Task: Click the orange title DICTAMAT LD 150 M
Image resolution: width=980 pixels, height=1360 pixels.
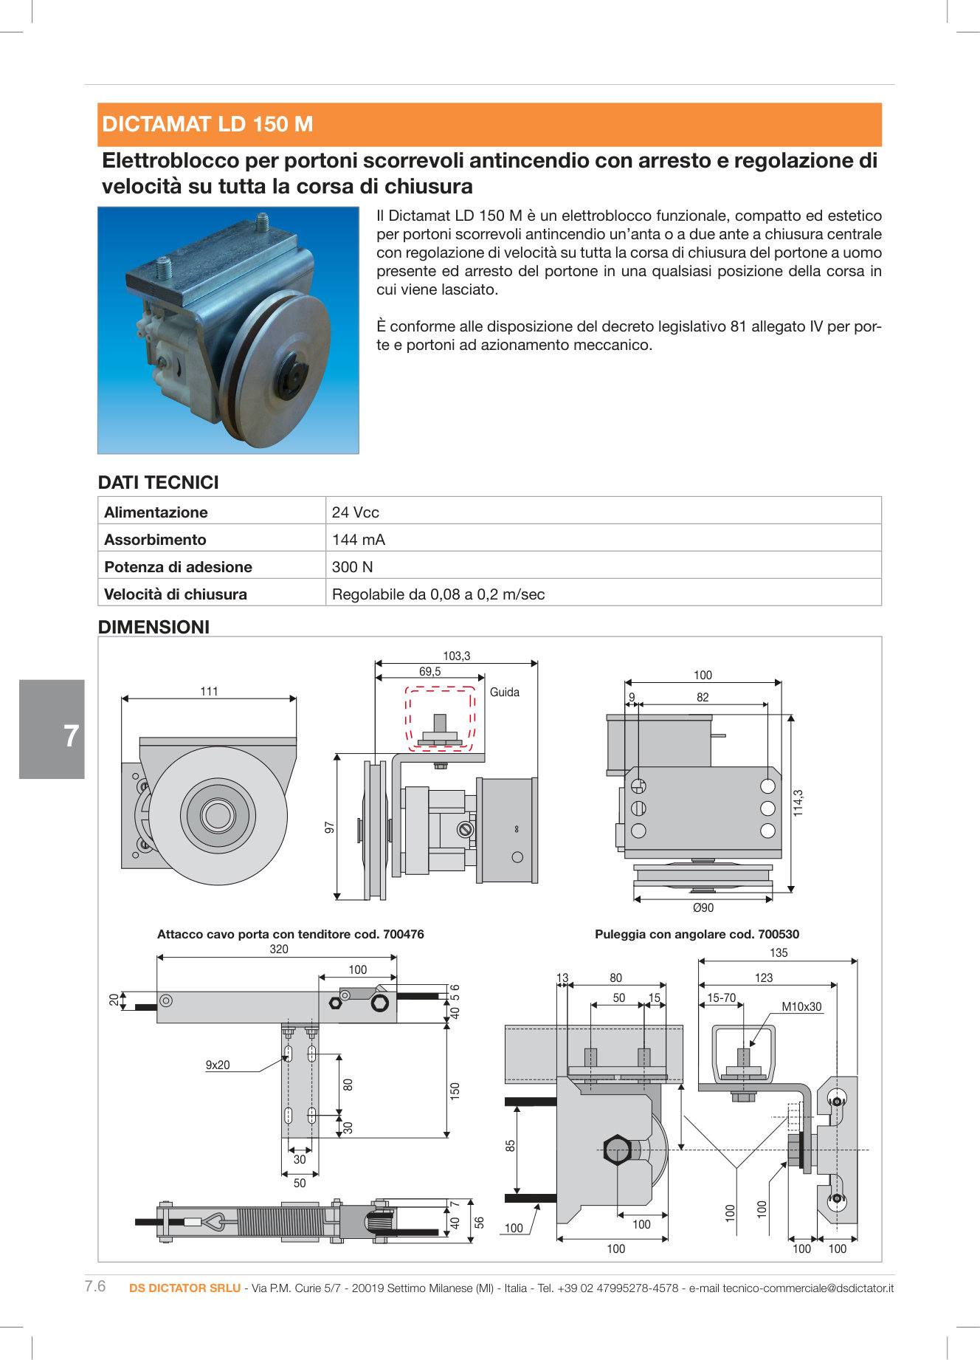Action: click(x=207, y=124)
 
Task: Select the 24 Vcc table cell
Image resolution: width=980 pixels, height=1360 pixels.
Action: click(x=355, y=512)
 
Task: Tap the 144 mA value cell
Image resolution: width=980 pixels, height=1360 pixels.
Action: click(x=358, y=540)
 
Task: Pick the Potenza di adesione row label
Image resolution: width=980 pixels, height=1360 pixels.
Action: click(x=178, y=567)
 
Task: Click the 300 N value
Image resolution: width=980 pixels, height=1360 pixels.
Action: click(x=352, y=567)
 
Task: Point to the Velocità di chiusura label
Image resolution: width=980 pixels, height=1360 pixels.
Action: click(x=176, y=594)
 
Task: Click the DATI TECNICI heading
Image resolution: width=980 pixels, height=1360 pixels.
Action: click(x=158, y=482)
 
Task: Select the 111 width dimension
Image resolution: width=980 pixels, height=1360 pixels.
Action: click(x=209, y=691)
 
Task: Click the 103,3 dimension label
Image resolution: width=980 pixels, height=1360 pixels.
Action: click(x=456, y=656)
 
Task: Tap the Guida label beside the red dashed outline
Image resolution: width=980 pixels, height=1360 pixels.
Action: click(x=505, y=692)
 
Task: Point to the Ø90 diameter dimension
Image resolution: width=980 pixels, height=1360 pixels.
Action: click(x=703, y=908)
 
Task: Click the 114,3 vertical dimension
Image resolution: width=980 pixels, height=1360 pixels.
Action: click(x=798, y=803)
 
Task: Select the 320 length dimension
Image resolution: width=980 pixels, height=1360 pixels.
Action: click(x=278, y=949)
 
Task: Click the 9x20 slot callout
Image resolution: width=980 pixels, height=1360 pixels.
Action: click(x=217, y=1065)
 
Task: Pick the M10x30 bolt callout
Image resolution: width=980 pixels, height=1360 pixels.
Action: click(x=801, y=1006)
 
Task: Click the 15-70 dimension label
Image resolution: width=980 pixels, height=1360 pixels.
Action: click(x=721, y=998)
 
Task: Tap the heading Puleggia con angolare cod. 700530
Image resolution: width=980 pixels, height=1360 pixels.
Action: click(x=697, y=934)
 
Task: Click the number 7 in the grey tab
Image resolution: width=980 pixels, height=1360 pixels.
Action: click(x=71, y=736)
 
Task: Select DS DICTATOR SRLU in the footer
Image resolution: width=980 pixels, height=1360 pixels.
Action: click(x=184, y=1288)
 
